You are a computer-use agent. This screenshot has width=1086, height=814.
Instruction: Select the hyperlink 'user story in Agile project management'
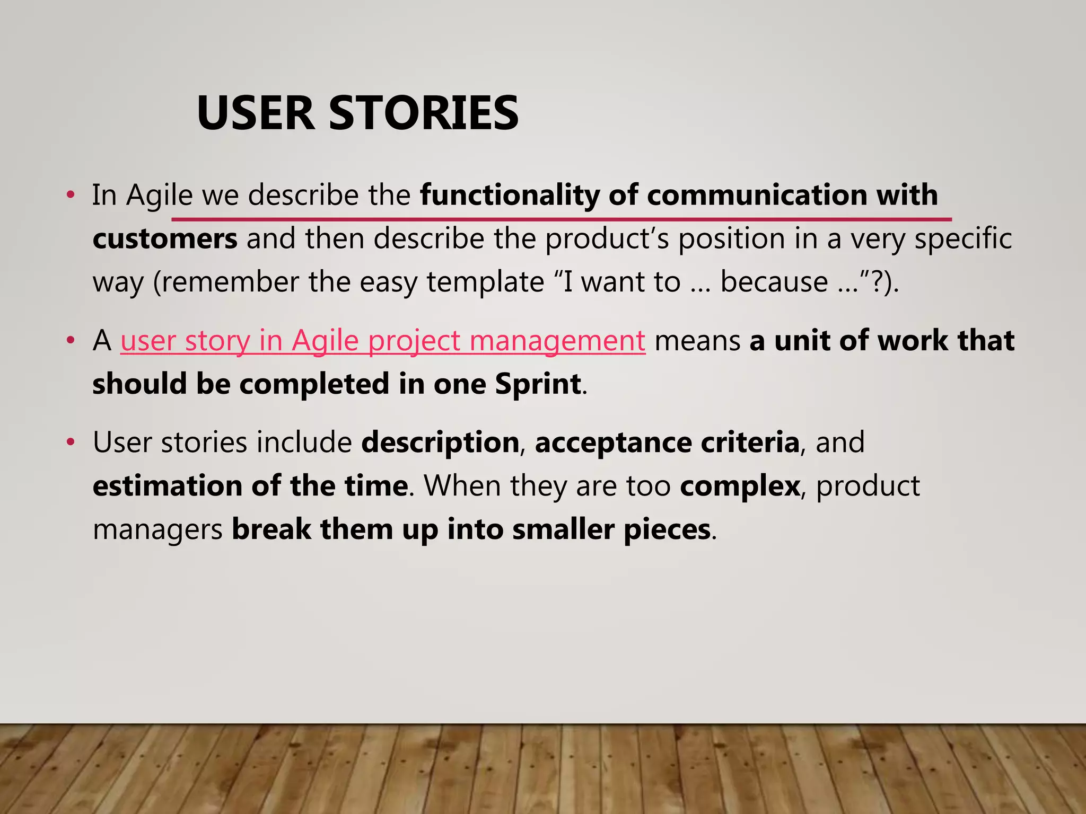tap(382, 340)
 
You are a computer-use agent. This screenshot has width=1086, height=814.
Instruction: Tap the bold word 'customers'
tap(165, 239)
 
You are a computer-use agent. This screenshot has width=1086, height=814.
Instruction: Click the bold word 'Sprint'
tap(538, 384)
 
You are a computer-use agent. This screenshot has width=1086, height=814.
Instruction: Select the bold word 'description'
tap(440, 443)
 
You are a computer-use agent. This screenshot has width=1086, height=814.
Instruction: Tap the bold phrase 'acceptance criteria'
tap(667, 443)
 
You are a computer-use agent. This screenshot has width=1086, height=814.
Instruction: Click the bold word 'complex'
tap(740, 486)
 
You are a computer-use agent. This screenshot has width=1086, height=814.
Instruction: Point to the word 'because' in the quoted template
tap(774, 282)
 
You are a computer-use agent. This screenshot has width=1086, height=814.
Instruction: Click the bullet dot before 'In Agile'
tap(71, 195)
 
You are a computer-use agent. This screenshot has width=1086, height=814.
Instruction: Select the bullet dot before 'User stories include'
tap(71, 442)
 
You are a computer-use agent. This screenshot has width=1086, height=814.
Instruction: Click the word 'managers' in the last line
tap(157, 530)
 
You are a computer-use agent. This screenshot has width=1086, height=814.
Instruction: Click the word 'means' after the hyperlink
tap(697, 340)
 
